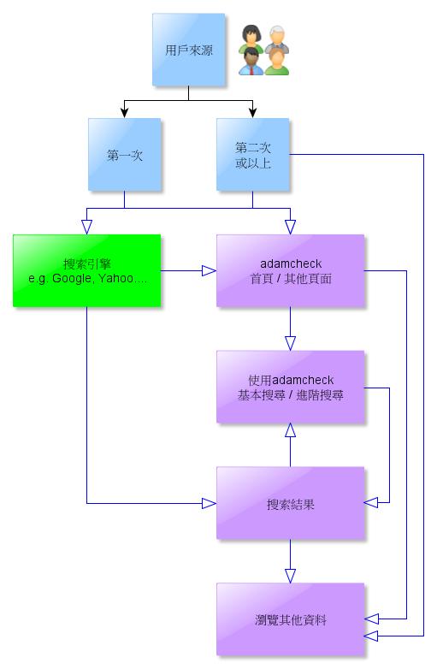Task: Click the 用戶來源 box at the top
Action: point(188,50)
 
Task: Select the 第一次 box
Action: point(125,155)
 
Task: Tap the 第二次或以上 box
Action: point(253,155)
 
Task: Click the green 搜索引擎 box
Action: point(87,270)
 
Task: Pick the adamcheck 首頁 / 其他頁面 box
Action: point(291,270)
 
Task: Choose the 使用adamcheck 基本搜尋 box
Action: point(291,387)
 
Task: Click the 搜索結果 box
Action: point(291,503)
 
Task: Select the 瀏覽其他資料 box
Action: point(291,619)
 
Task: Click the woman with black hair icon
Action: point(251,38)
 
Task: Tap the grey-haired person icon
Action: point(278,39)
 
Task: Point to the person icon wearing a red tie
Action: point(251,62)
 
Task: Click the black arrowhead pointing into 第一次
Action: point(125,113)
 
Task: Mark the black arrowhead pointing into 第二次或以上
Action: point(253,113)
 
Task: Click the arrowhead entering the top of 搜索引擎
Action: point(87,227)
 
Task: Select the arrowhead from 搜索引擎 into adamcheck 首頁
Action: point(209,270)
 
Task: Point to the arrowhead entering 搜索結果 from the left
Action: point(209,503)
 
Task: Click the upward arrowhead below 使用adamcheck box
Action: point(291,430)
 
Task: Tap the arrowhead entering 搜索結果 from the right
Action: point(371,502)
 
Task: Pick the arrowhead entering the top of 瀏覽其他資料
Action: point(291,576)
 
